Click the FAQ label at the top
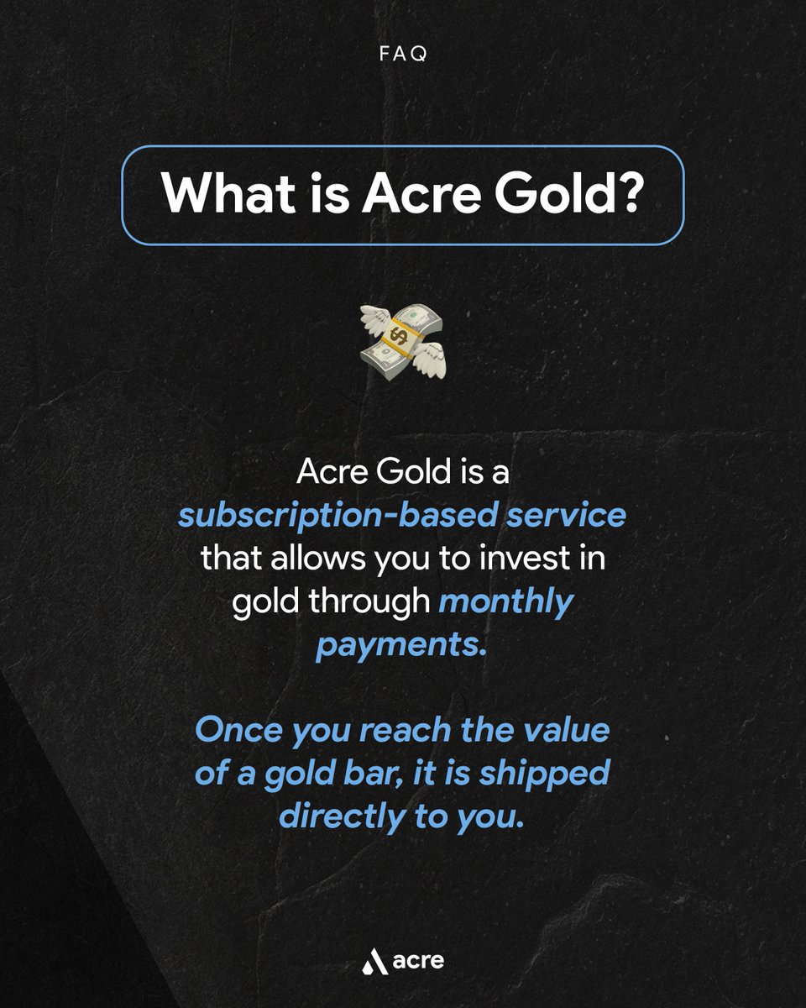click(403, 53)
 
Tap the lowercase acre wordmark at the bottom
click(417, 959)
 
